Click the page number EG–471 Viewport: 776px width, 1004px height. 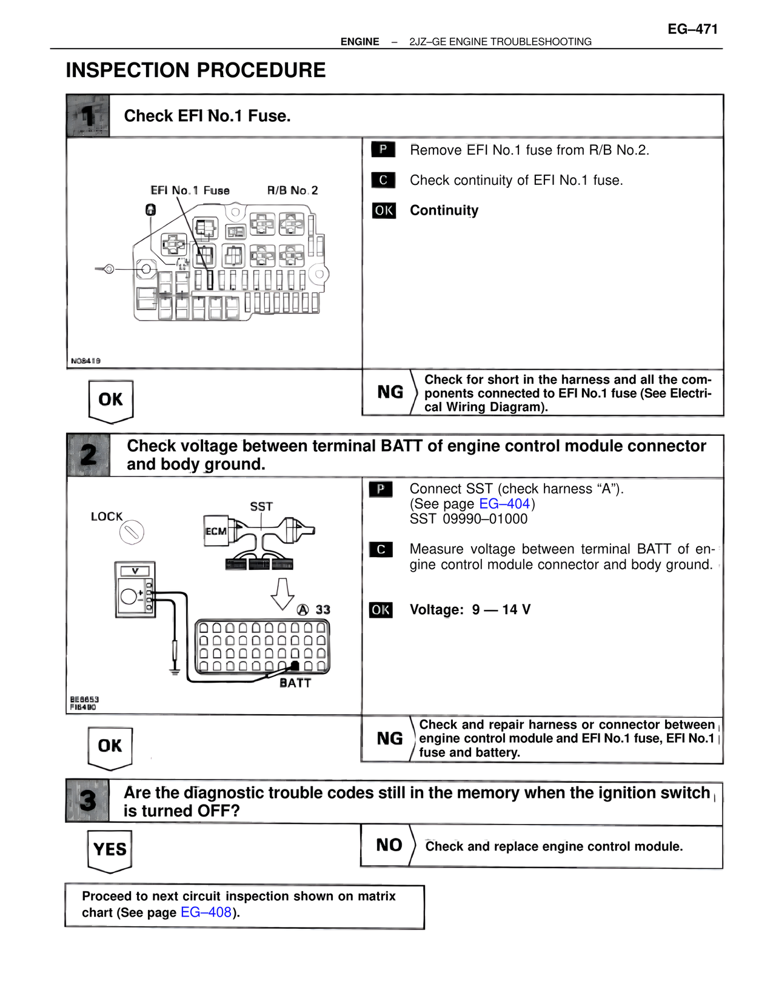pyautogui.click(x=692, y=28)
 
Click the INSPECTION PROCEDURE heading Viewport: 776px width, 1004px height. pyautogui.click(x=195, y=70)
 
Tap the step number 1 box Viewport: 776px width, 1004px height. pyautogui.click(x=88, y=115)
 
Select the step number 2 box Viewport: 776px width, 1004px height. pyautogui.click(x=88, y=455)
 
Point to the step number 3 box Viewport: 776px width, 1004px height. pyautogui.click(x=87, y=801)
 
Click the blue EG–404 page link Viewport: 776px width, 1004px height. pyautogui.click(x=504, y=504)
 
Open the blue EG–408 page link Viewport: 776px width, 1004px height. pyautogui.click(x=206, y=912)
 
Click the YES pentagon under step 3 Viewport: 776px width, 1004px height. pyautogui.click(x=110, y=849)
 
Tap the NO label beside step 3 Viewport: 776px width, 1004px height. pyautogui.click(x=389, y=845)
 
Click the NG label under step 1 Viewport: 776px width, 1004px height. pyautogui.click(x=390, y=392)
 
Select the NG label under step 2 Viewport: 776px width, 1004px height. pyautogui.click(x=389, y=738)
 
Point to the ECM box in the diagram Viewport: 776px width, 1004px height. pyautogui.click(x=216, y=531)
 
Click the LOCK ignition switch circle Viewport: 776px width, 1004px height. pyautogui.click(x=132, y=533)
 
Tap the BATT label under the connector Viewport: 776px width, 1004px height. pyautogui.click(x=295, y=683)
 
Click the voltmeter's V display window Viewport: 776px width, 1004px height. pyautogui.click(x=135, y=571)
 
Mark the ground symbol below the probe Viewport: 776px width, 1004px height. pyautogui.click(x=175, y=671)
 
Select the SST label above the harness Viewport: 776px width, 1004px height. pyautogui.click(x=261, y=506)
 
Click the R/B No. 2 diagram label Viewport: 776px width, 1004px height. pyautogui.click(x=292, y=190)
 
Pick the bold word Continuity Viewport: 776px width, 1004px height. pyautogui.click(x=444, y=210)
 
